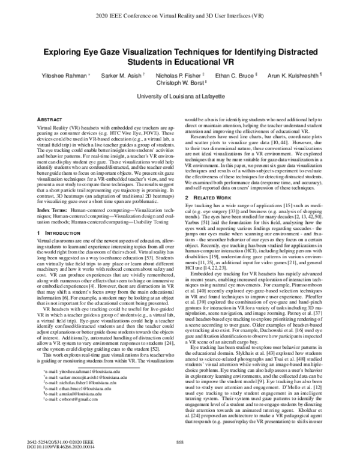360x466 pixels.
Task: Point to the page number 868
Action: (179, 442)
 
